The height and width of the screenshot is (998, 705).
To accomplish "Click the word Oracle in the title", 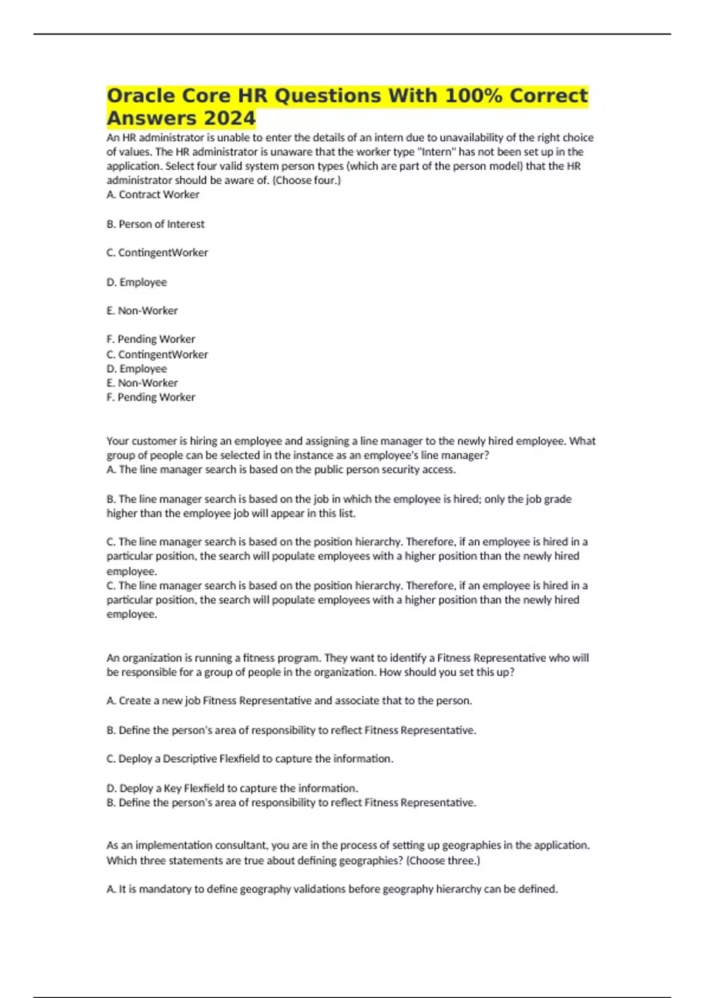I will click(141, 96).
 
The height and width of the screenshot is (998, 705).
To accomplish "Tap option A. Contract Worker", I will click(153, 195).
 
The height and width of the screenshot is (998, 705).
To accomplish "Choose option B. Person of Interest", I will click(156, 224).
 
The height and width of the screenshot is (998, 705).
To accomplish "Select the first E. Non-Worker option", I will click(142, 311).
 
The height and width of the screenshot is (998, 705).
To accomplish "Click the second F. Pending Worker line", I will click(151, 397).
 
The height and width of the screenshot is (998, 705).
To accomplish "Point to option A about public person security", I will click(281, 470).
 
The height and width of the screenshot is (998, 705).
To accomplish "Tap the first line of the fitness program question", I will click(347, 658).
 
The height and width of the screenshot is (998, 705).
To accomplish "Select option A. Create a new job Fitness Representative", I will click(289, 701).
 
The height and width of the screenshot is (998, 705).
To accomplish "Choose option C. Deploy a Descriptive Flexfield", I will click(250, 759).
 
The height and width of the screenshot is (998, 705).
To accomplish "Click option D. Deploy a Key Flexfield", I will click(232, 788).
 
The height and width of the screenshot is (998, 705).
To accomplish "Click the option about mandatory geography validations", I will click(332, 889).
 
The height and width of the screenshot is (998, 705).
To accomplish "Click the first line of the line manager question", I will click(351, 441).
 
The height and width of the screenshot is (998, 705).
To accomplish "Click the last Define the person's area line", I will click(291, 803).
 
